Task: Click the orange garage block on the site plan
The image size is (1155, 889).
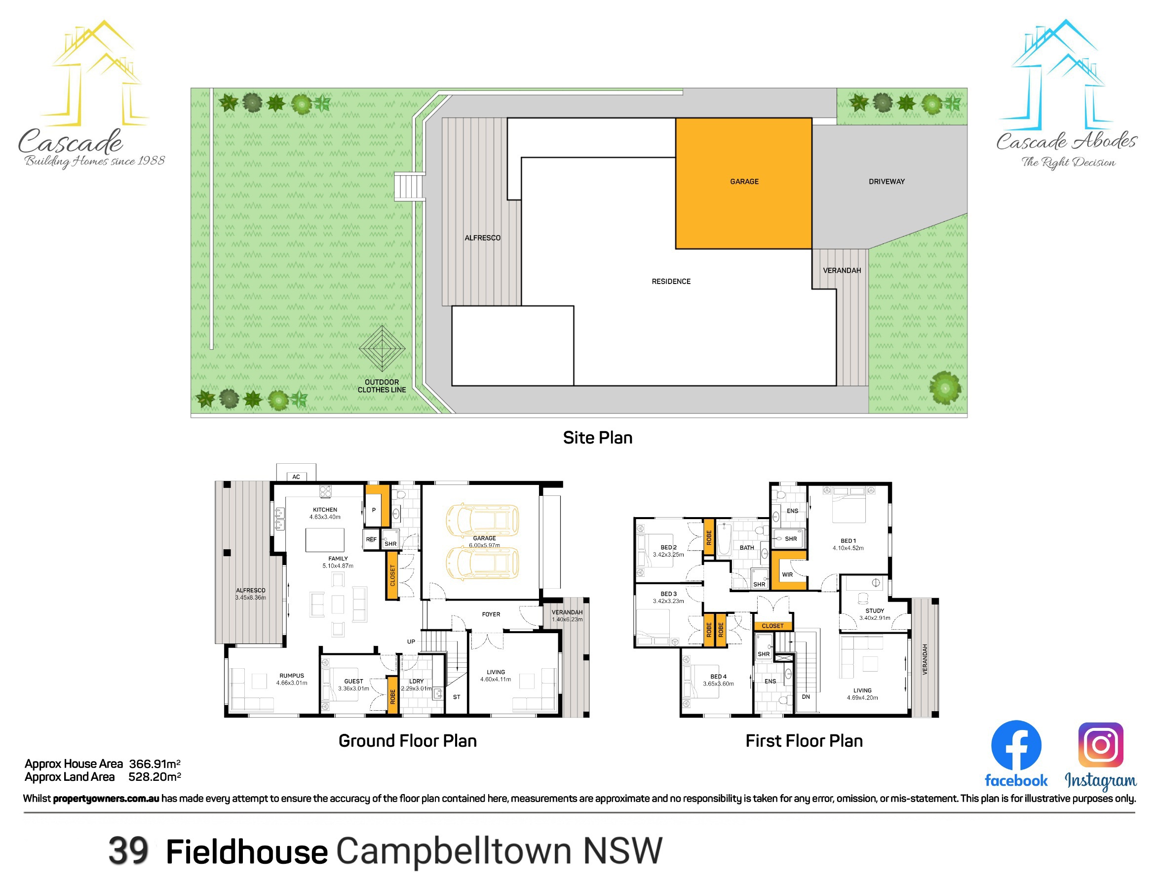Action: coord(743,183)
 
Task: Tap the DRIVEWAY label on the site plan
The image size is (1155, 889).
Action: coord(886,182)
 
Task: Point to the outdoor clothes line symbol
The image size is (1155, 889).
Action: coord(382,348)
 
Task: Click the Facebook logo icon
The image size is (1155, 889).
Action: coord(1016,745)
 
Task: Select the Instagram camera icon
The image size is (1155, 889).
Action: coord(1101,745)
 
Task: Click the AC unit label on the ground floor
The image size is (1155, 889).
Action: coord(296,477)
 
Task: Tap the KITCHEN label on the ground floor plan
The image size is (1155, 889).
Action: coord(325,510)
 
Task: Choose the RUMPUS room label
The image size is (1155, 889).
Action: coord(291,676)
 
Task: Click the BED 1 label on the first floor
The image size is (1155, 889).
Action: coord(848,541)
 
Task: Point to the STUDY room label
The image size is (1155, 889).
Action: coord(875,610)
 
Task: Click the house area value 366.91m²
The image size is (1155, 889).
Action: coord(155,764)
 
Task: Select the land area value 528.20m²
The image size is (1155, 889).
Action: coord(155,777)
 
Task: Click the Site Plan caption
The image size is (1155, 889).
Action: coord(598,438)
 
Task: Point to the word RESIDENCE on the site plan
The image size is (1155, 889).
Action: coord(671,282)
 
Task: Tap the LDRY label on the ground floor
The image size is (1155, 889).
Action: coord(416,682)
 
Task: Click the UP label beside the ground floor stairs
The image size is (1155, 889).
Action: coord(411,642)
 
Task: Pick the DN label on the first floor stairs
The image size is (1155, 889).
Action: coord(806,697)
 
